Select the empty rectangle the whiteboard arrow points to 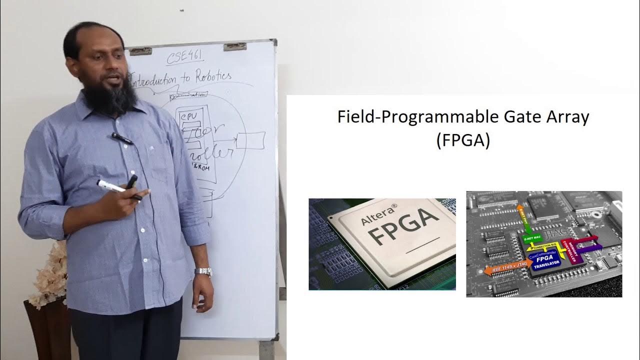250,140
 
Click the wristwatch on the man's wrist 203,271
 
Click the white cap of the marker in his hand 105,185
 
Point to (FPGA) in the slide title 462,140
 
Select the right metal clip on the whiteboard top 234,46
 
